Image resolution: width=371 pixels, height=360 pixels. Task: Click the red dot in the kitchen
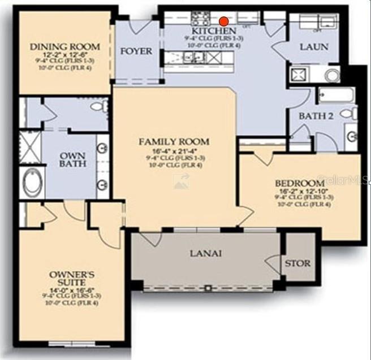(x=224, y=21)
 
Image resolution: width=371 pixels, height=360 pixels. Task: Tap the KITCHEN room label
(x=214, y=31)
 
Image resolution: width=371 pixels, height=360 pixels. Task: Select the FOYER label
(x=136, y=51)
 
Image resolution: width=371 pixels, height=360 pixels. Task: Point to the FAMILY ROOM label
(x=174, y=142)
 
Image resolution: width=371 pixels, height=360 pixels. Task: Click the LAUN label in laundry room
(x=314, y=47)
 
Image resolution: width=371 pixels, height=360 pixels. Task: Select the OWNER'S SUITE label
(x=71, y=277)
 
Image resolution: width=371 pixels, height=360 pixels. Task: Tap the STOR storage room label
(x=297, y=263)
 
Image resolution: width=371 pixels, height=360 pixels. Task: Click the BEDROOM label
(x=299, y=184)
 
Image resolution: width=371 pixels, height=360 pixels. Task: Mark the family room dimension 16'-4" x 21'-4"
(x=174, y=150)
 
